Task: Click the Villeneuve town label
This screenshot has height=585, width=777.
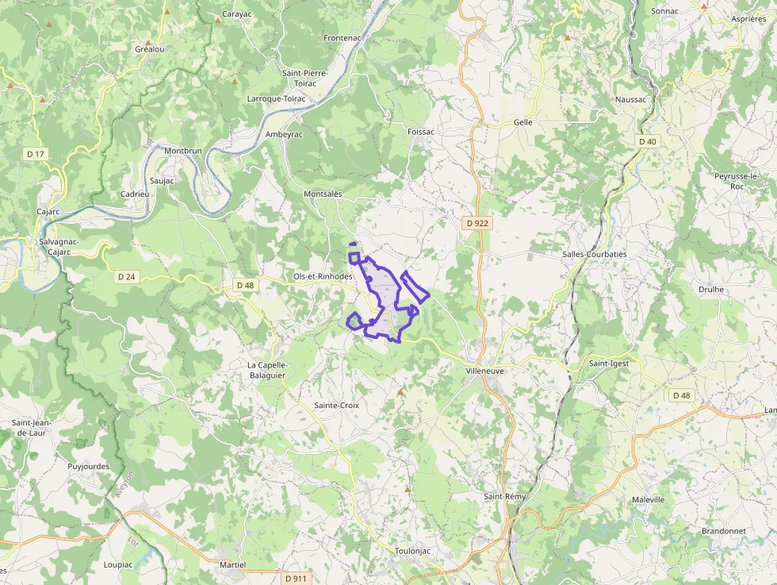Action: [486, 371]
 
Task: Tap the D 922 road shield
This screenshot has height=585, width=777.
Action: [477, 223]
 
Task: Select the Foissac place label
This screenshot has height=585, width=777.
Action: [420, 132]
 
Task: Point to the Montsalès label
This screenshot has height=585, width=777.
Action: [323, 194]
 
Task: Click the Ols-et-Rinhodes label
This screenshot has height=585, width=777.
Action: [323, 276]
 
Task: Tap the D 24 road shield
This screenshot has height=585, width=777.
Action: [126, 277]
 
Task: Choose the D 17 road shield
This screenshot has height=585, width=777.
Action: [34, 153]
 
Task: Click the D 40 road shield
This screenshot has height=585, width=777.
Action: [648, 141]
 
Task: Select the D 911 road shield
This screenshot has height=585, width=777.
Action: [296, 579]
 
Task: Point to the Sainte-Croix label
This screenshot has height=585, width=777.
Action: [337, 406]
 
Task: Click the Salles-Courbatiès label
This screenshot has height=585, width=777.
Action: [594, 254]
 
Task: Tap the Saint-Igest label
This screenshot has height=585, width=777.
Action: [609, 364]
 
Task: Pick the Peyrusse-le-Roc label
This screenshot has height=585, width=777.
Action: [737, 180]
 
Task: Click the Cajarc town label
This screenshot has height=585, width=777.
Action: [48, 212]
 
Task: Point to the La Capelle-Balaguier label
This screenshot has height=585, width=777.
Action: [266, 370]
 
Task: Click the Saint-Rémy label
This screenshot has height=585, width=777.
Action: [505, 497]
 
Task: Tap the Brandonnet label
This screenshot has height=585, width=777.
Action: [724, 531]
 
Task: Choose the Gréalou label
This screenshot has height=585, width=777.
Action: [149, 49]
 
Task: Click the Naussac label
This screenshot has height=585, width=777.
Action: [631, 100]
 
